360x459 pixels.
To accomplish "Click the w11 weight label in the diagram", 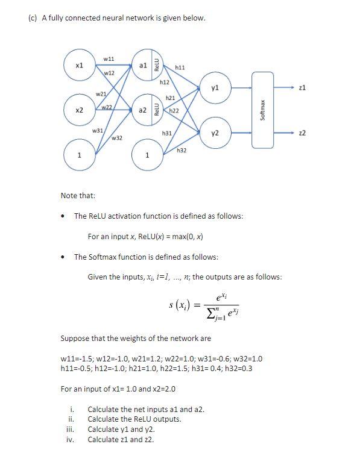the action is point(109,58).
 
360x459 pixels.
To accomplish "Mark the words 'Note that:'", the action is point(78,195).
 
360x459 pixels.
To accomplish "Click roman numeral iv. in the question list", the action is point(70,440).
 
